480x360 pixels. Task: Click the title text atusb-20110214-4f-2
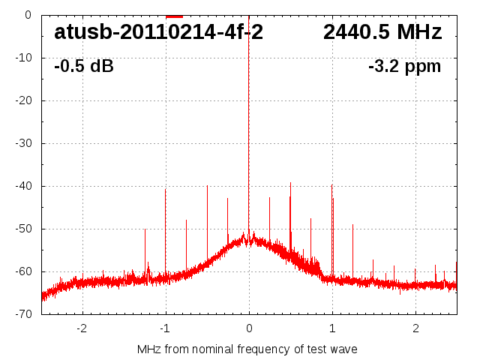tap(158, 32)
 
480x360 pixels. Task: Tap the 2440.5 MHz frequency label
tap(382, 32)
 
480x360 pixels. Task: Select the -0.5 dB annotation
tap(83, 66)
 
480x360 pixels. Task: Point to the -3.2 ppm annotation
tap(404, 66)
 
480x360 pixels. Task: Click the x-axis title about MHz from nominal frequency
tap(247, 349)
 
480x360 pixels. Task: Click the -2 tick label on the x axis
tap(81, 328)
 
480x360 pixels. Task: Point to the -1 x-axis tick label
tap(164, 328)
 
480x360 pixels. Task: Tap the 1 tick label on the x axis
tap(332, 328)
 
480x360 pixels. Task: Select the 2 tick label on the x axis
tap(415, 328)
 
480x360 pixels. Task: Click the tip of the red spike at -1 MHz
tap(166, 189)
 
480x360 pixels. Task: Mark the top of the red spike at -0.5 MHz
tap(207, 186)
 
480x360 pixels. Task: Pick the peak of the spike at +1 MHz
tap(331, 184)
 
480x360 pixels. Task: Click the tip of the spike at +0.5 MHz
tap(290, 182)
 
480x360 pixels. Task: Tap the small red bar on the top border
tap(174, 16)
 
